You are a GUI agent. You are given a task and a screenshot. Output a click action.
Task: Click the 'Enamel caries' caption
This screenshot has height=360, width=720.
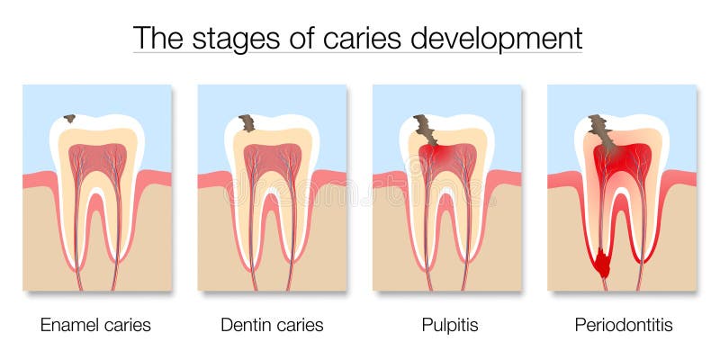click(95, 324)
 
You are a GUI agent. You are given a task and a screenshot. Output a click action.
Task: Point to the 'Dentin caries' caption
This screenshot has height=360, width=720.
click(272, 324)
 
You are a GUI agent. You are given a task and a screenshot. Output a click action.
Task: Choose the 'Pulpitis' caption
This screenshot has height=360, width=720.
click(447, 324)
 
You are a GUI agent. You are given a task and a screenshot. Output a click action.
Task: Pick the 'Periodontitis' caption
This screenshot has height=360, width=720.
click(623, 324)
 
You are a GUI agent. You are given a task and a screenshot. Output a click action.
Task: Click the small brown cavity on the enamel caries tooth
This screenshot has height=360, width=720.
click(69, 118)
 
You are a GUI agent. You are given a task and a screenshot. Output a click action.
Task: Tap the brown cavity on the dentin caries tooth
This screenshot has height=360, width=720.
click(246, 122)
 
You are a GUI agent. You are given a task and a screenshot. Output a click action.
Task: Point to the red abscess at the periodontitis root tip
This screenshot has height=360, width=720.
click(601, 263)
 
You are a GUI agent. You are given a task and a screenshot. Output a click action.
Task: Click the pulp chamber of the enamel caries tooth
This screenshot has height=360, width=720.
click(97, 157)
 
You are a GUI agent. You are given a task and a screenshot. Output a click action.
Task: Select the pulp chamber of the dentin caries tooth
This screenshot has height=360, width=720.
click(272, 157)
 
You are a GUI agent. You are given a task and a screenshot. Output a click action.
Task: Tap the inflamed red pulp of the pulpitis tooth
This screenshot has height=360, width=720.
click(447, 159)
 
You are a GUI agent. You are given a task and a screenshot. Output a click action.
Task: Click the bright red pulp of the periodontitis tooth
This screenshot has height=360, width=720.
click(623, 159)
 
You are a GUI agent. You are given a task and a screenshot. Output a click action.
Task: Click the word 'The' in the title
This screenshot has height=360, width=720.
click(153, 39)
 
